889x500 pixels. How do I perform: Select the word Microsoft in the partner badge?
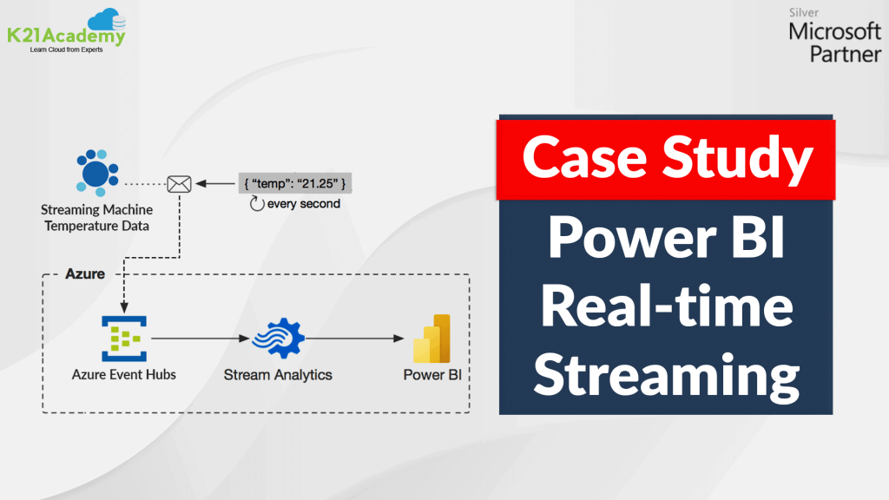click(x=834, y=33)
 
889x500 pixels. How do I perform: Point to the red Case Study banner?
click(x=666, y=159)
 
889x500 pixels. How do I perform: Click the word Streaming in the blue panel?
click(x=666, y=375)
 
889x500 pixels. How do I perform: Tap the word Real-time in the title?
click(x=666, y=308)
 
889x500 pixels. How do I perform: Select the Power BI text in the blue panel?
click(x=666, y=242)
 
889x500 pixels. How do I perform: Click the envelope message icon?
click(x=179, y=184)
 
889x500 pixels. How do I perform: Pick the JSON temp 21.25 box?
click(x=295, y=184)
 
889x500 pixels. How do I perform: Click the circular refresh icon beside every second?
click(x=256, y=204)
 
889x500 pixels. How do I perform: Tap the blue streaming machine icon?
click(x=95, y=172)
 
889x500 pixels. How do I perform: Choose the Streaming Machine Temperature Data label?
click(x=96, y=218)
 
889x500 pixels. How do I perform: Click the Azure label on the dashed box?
click(x=85, y=273)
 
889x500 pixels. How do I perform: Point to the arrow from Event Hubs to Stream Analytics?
click(x=196, y=339)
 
